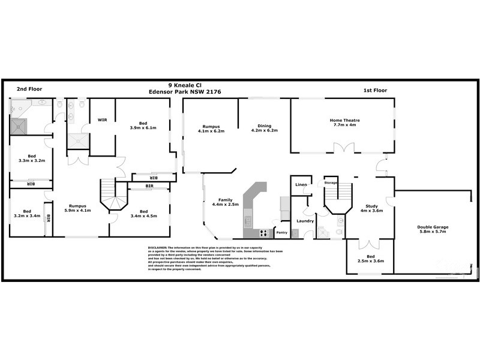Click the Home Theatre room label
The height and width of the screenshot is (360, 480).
point(344,119)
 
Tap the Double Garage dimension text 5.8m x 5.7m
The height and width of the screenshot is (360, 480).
point(433,232)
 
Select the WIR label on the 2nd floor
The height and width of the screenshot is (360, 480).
point(102,120)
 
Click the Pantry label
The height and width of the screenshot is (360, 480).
point(282,232)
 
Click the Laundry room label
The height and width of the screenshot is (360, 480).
point(306,221)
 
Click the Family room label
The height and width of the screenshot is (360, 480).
point(225,200)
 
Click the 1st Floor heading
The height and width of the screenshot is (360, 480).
point(375,90)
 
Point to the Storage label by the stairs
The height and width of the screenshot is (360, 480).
point(331,182)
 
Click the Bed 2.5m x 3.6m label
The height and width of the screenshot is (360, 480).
point(370,259)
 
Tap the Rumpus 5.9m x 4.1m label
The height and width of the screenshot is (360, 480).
point(78,209)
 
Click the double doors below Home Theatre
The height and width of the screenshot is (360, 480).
point(340,148)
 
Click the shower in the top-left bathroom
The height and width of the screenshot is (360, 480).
point(19,125)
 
